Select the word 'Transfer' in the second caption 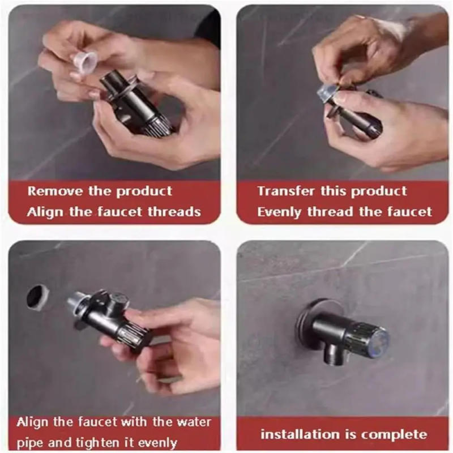287,191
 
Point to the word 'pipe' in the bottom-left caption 30,442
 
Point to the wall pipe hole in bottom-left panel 37,297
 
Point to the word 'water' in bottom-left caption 192,422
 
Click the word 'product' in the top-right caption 377,191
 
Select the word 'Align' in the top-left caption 42,212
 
